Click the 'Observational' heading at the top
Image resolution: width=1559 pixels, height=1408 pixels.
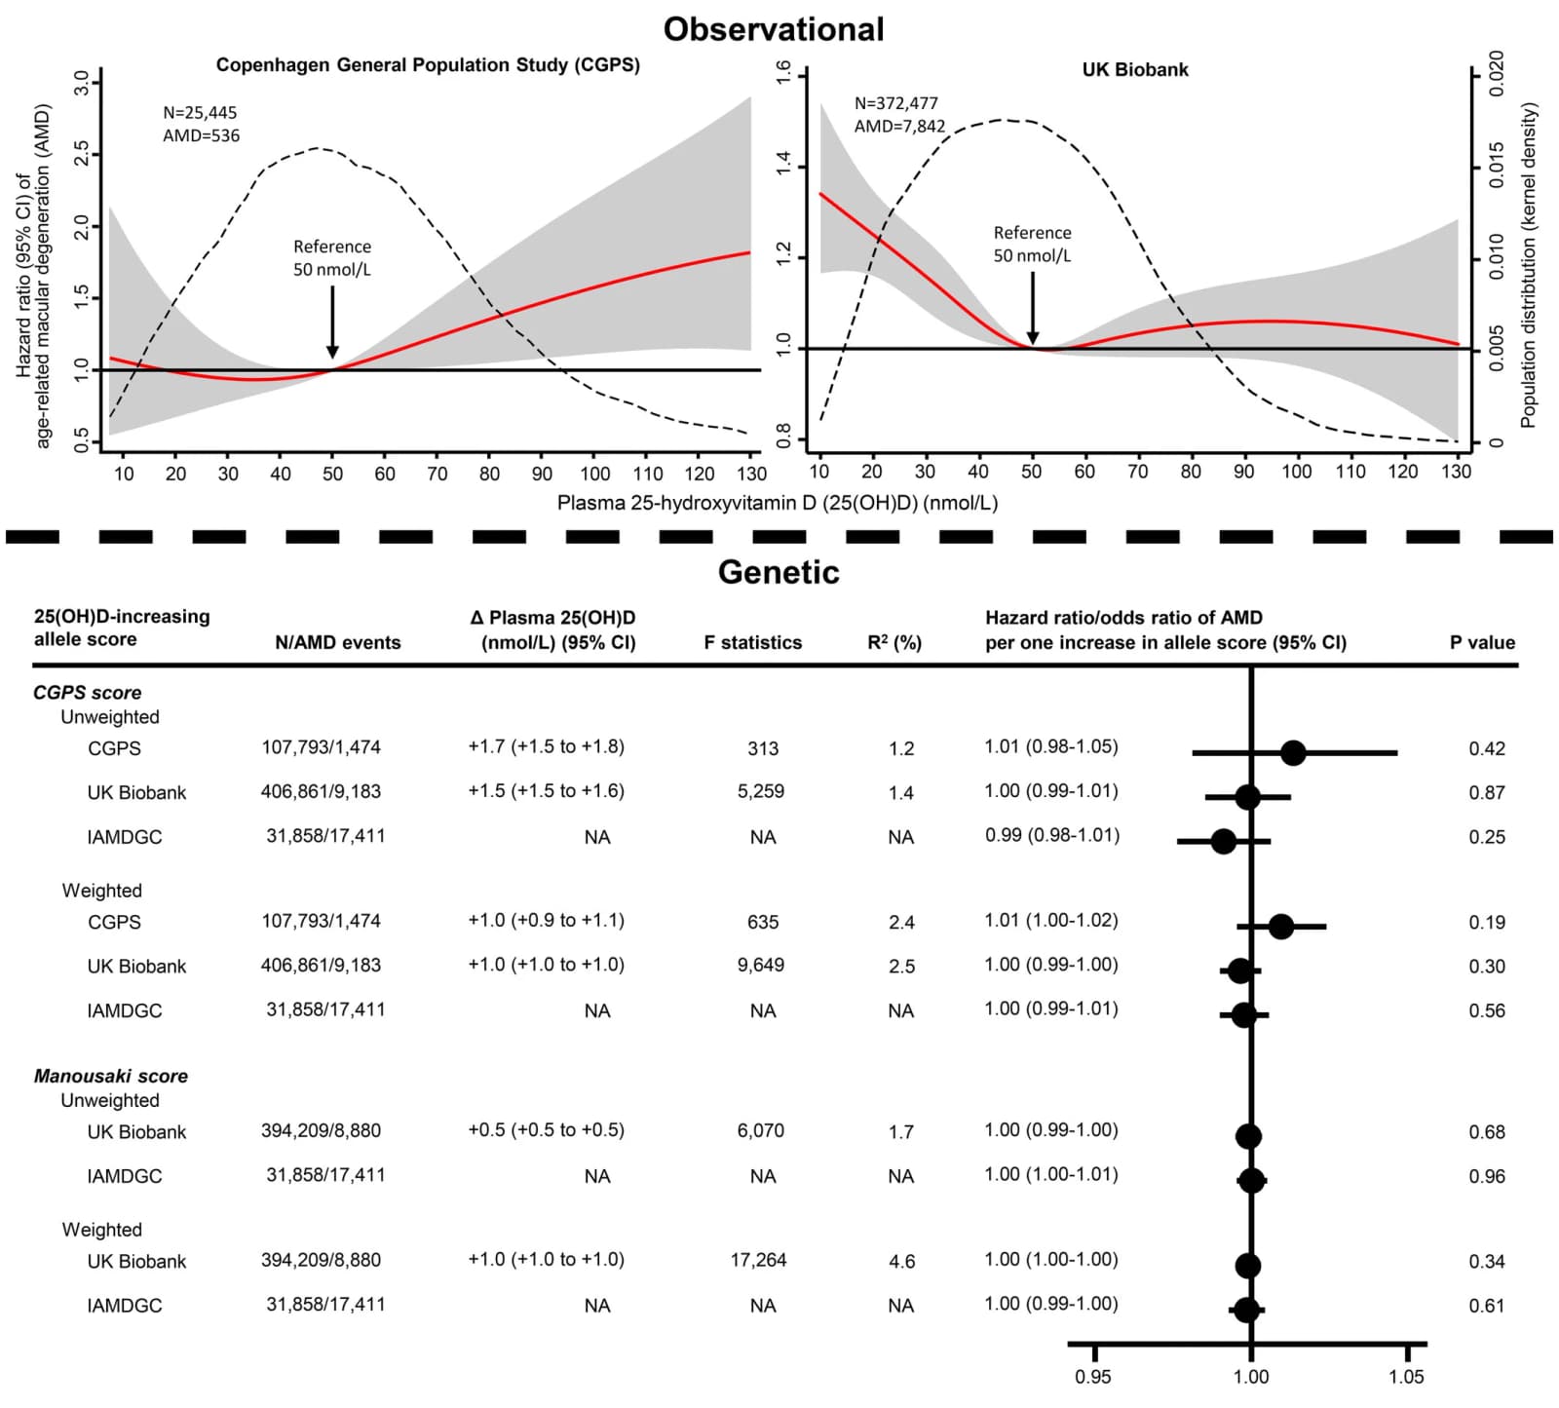tap(774, 29)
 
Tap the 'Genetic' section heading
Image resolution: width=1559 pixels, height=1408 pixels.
tap(779, 571)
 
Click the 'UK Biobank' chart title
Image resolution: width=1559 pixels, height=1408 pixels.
tap(1135, 70)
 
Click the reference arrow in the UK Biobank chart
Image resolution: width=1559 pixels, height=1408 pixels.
tap(1032, 308)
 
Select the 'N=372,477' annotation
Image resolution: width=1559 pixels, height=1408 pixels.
tap(896, 103)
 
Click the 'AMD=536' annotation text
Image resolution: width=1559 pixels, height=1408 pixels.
tap(201, 135)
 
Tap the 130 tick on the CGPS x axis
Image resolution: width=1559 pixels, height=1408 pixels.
tap(751, 474)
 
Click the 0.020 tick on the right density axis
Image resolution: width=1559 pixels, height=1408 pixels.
tap(1497, 73)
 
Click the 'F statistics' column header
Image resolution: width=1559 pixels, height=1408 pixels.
tap(753, 642)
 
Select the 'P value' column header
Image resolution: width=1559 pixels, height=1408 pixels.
tap(1482, 642)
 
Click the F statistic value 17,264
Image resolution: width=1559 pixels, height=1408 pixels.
tap(758, 1260)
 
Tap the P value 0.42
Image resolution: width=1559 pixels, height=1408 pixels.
tap(1487, 748)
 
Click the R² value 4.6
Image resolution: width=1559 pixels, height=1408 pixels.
tap(901, 1261)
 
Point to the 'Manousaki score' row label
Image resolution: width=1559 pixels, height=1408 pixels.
tap(110, 1076)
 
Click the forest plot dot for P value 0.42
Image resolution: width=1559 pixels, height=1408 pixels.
tap(1293, 752)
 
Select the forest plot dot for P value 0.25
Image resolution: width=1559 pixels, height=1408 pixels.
tap(1224, 841)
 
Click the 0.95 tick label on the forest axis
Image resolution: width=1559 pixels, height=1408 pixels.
tap(1093, 1377)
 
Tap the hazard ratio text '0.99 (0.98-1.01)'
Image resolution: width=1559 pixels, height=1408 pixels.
tap(1052, 835)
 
